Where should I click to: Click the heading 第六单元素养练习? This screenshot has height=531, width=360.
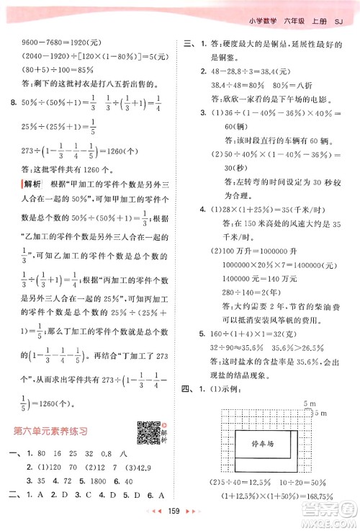51,411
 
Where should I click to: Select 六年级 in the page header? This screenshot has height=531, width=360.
296,19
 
